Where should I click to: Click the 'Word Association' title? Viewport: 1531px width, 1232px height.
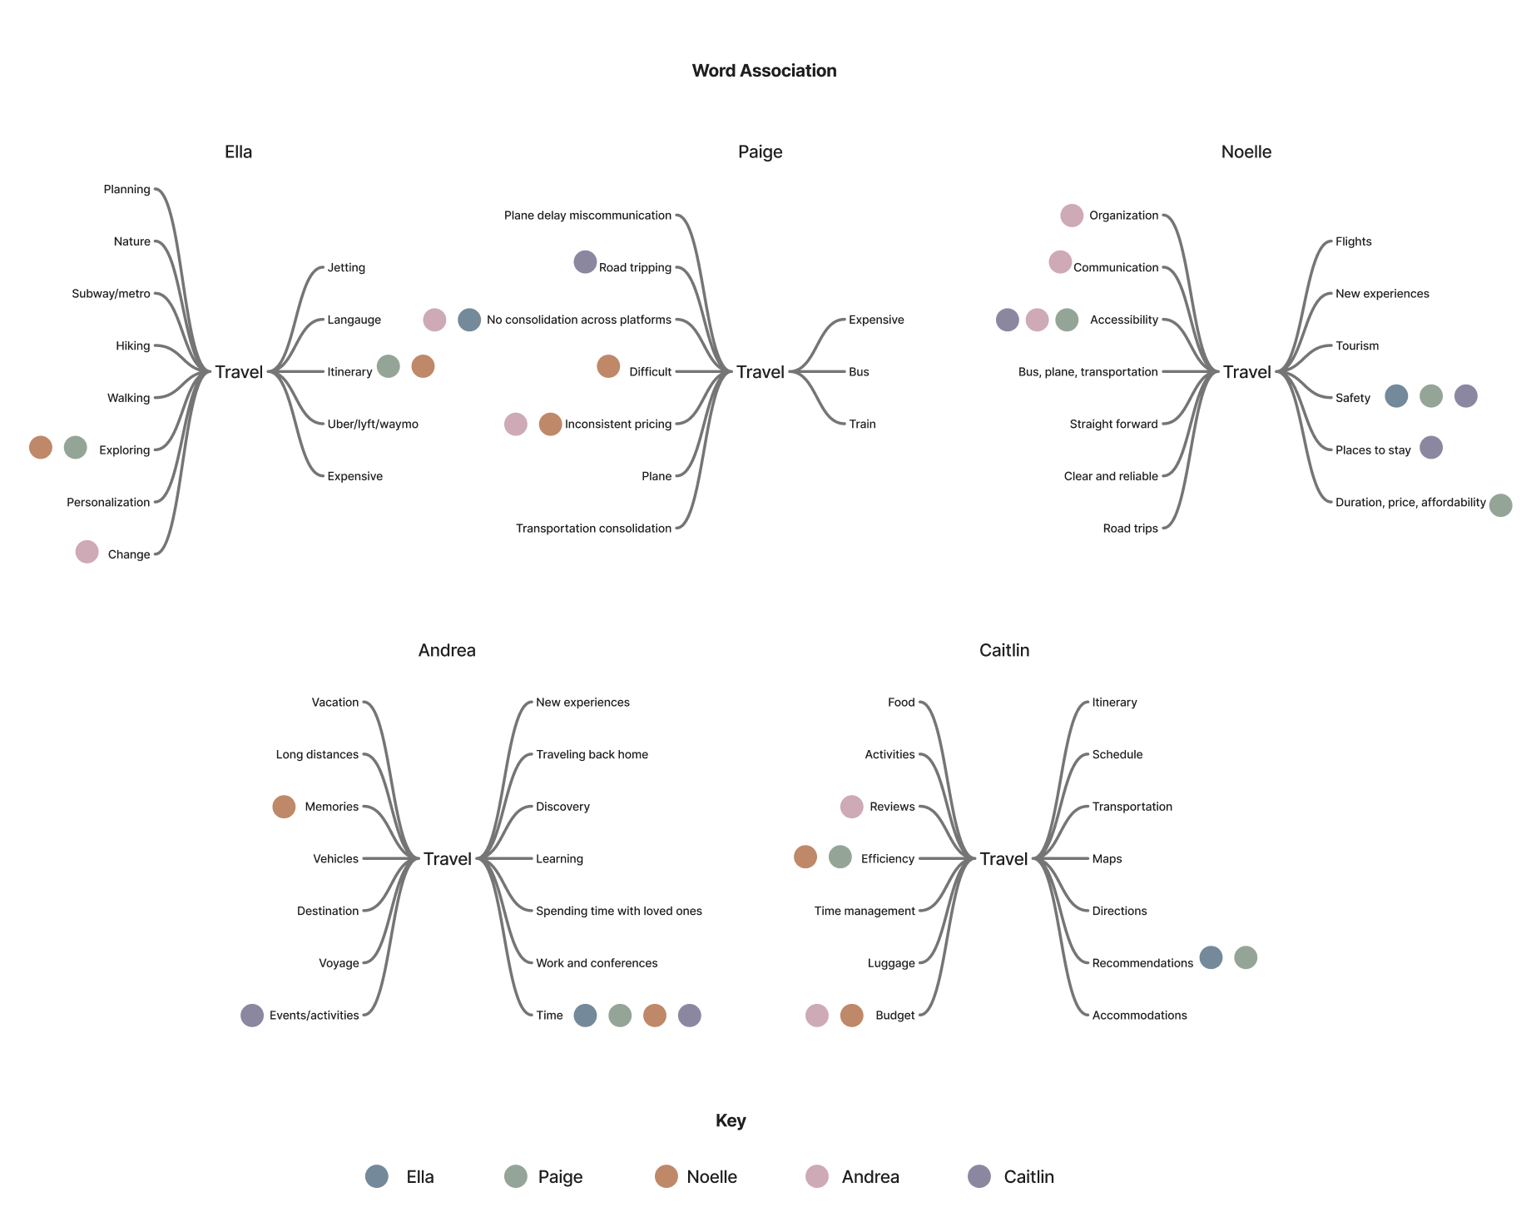764,71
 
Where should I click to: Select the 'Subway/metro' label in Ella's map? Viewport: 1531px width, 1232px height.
111,294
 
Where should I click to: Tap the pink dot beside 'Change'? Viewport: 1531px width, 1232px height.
87,552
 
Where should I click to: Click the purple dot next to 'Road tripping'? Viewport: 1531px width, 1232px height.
585,262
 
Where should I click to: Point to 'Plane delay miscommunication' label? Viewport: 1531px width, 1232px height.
587,216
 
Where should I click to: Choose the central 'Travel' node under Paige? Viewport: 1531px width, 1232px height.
760,372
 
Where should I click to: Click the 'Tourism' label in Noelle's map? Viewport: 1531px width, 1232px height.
1356,346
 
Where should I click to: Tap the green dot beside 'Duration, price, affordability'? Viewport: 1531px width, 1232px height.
1500,505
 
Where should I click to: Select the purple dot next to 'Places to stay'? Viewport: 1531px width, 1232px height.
1430,448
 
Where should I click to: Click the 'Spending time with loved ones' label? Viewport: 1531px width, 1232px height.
618,912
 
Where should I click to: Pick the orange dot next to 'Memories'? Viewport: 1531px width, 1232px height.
284,807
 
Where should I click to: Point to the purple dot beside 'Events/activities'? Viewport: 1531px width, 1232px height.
252,1016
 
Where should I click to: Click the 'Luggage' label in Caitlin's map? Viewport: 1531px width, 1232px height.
890,964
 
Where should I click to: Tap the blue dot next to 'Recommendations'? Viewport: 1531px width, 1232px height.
1211,958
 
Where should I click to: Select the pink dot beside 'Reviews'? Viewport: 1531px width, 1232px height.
851,807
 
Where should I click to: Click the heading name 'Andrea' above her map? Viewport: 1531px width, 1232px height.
447,650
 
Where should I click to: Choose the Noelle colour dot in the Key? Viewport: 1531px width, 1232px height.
666,1176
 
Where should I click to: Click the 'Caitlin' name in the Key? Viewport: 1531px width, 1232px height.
1028,1177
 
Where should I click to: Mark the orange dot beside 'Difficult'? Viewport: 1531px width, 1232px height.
608,366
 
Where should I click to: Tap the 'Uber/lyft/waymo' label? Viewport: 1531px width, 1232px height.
373,425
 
